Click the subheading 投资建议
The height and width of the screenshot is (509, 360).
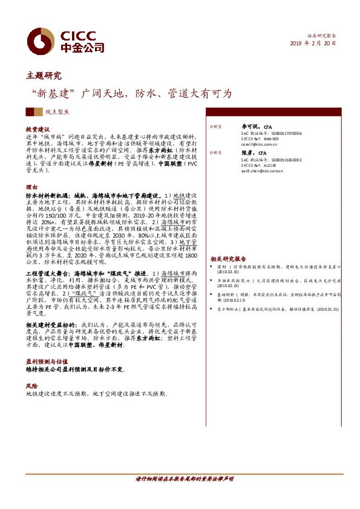point(38,129)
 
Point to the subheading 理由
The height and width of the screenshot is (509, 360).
point(31,187)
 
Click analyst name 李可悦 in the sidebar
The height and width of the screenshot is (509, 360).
point(250,127)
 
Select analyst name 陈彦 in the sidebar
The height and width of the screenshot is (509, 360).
point(248,153)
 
